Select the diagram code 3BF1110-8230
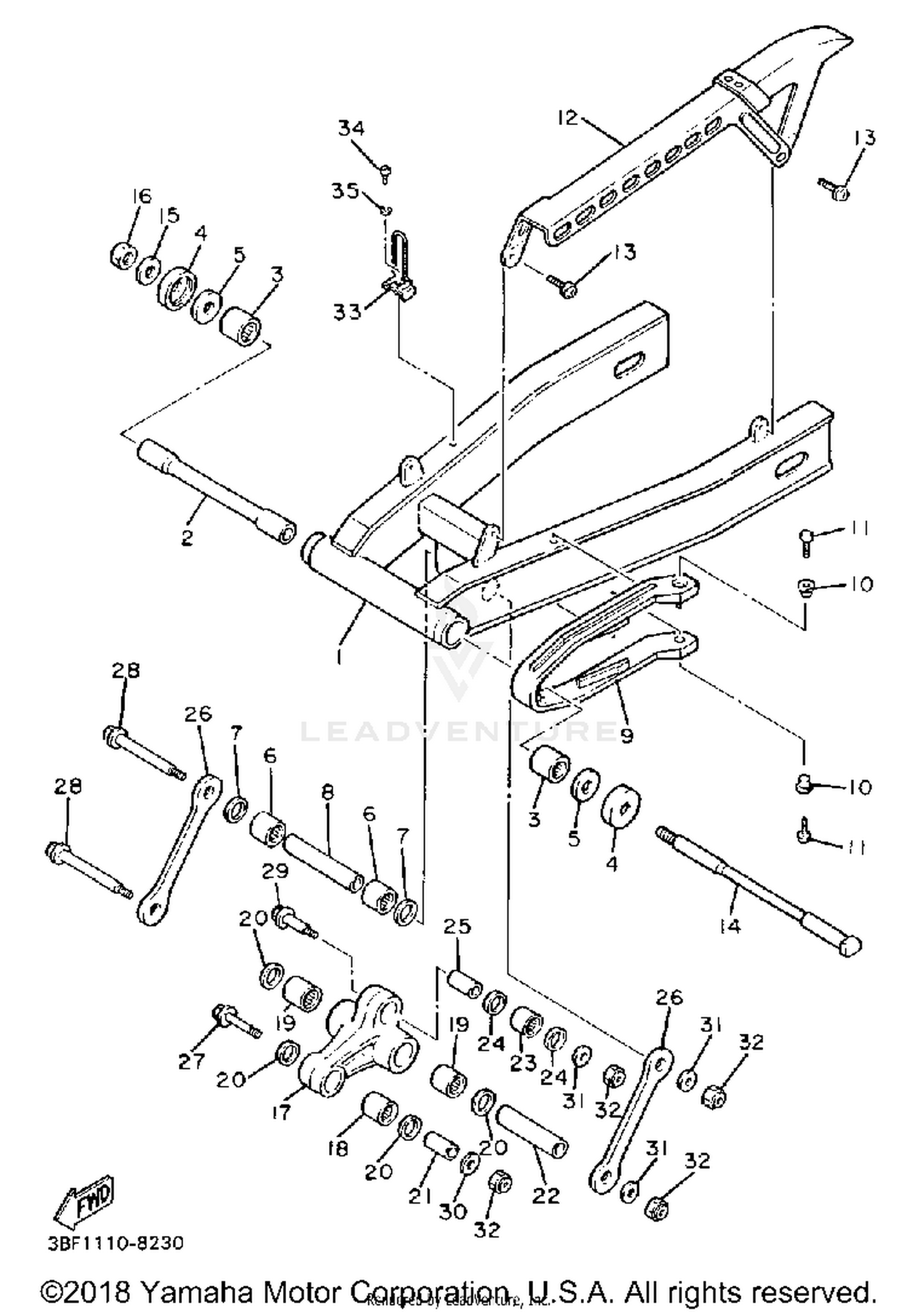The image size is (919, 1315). [x=115, y=1243]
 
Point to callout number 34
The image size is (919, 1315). [x=351, y=128]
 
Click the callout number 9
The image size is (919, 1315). [x=626, y=735]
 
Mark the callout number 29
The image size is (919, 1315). [x=275, y=871]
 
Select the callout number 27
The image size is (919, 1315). [x=191, y=1061]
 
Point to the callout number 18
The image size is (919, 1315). [x=338, y=1148]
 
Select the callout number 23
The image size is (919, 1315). [x=523, y=1064]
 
